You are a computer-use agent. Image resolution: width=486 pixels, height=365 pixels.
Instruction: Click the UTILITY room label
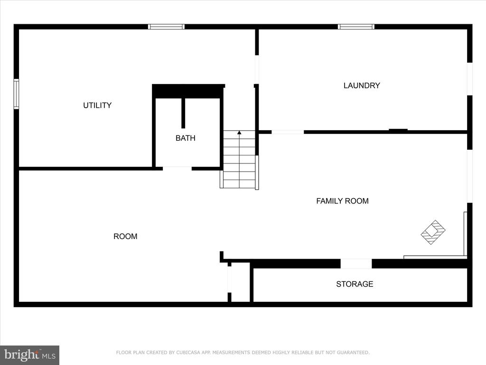pyautogui.click(x=97, y=105)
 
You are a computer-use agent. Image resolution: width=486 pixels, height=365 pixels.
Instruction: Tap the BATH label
pyautogui.click(x=186, y=138)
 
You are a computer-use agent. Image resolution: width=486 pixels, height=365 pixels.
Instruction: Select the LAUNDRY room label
pyautogui.click(x=362, y=86)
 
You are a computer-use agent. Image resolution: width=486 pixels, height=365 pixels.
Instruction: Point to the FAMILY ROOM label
pyautogui.click(x=343, y=201)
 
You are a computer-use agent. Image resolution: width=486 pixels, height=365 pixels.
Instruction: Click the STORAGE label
pyautogui.click(x=355, y=284)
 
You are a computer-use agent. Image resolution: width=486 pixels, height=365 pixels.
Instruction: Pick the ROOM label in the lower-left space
pyautogui.click(x=125, y=237)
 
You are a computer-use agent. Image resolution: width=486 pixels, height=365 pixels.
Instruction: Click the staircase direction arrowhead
pyautogui.click(x=239, y=133)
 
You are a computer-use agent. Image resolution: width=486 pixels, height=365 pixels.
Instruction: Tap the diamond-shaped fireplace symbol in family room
pyautogui.click(x=433, y=232)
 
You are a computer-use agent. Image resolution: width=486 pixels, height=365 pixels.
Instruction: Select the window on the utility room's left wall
pyautogui.click(x=16, y=94)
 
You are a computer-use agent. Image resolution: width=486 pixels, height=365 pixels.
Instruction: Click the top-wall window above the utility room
pyautogui.click(x=166, y=27)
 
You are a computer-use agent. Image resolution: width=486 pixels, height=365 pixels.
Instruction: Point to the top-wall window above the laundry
pyautogui.click(x=356, y=27)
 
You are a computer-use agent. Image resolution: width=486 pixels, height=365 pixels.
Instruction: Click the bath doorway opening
pyautogui.click(x=178, y=169)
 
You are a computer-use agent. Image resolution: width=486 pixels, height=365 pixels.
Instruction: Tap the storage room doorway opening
pyautogui.click(x=356, y=263)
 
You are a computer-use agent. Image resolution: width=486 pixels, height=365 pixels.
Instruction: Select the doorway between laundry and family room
pyautogui.click(x=288, y=132)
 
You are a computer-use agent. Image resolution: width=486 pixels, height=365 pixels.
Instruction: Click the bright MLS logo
pyautogui.click(x=30, y=355)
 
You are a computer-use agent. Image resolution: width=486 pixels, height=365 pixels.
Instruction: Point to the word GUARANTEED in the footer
pyautogui.click(x=353, y=353)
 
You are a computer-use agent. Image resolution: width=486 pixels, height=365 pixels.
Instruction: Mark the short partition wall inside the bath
pyautogui.click(x=183, y=113)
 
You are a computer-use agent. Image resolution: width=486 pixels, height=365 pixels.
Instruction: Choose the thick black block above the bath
pyautogui.click(x=188, y=91)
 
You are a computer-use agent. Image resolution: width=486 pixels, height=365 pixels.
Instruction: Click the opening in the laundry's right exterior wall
pyautogui.click(x=470, y=79)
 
